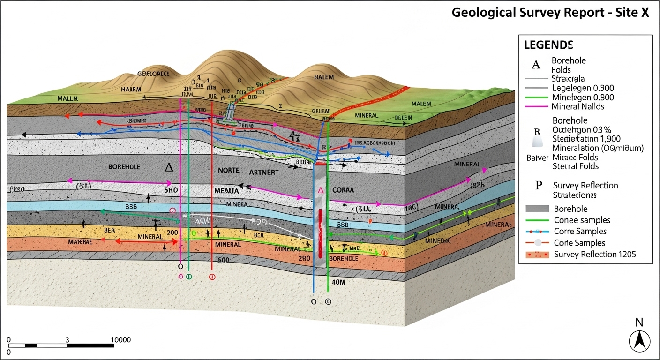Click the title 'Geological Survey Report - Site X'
(x=550, y=13)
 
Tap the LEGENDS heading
(x=548, y=45)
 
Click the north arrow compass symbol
(x=639, y=340)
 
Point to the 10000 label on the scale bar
(x=120, y=340)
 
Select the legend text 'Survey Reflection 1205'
(x=595, y=255)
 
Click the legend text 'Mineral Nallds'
(x=578, y=106)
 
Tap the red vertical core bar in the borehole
(x=320, y=233)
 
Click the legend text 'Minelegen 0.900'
(x=583, y=97)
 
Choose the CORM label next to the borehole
(x=343, y=191)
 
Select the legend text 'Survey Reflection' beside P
(x=585, y=186)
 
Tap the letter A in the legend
(x=536, y=65)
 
